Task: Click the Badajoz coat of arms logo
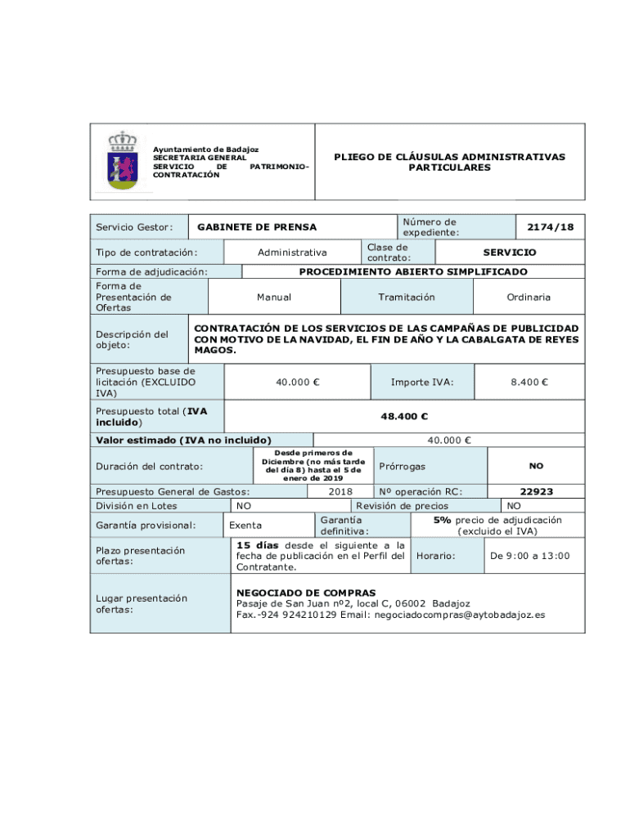click(123, 161)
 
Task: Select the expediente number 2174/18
click(550, 226)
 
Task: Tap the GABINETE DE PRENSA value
click(257, 226)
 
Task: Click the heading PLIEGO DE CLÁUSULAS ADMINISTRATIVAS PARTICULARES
click(449, 162)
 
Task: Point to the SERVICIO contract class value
click(509, 253)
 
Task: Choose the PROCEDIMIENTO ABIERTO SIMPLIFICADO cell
click(413, 271)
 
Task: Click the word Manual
click(273, 298)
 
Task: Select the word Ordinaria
click(528, 298)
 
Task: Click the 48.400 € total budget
click(404, 416)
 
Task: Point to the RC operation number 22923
click(536, 491)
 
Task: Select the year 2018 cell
click(340, 491)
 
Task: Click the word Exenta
click(245, 526)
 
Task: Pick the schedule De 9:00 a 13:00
click(529, 556)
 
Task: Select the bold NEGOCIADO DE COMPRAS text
click(306, 593)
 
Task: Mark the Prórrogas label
click(402, 466)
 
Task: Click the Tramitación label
click(407, 298)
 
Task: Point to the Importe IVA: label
click(421, 382)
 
